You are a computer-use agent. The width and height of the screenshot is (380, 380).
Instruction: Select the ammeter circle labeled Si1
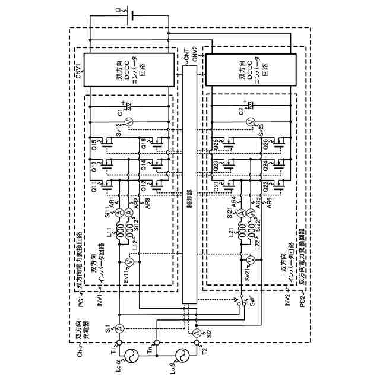coord(118,327)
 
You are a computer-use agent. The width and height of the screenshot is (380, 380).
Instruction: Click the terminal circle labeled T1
coord(118,343)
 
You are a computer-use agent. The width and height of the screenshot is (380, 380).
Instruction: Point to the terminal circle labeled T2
coord(197,343)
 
